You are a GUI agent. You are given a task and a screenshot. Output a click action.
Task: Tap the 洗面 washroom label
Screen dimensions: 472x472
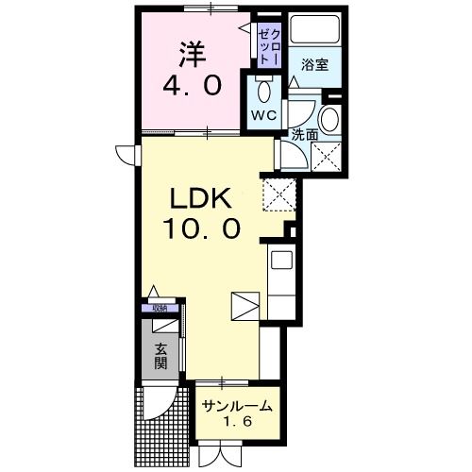tap(303, 134)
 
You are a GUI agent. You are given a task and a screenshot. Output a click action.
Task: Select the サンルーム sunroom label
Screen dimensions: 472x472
tap(237, 407)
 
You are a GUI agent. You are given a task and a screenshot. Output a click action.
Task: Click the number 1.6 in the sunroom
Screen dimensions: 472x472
tap(237, 424)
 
